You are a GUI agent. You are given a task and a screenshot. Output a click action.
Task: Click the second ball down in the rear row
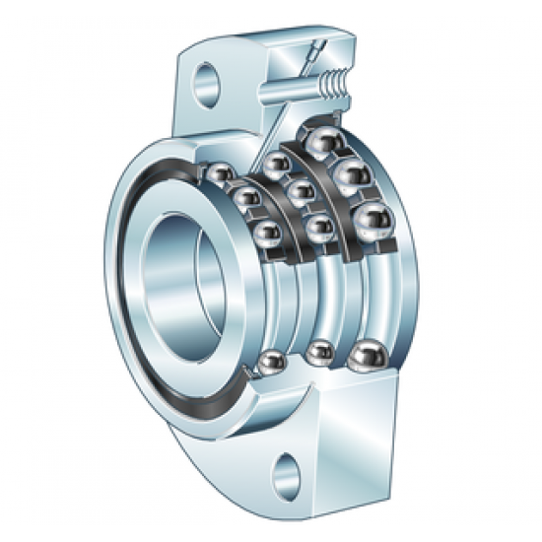coord(348,178)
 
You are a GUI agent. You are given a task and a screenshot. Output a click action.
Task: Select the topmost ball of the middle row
coord(275,163)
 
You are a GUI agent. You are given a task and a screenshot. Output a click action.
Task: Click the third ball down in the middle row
coord(317,229)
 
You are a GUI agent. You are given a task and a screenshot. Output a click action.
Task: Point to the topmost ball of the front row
coord(220,175)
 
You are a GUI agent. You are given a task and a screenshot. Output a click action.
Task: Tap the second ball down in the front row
coord(243,201)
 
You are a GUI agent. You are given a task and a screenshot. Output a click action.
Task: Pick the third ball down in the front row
coord(265,235)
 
